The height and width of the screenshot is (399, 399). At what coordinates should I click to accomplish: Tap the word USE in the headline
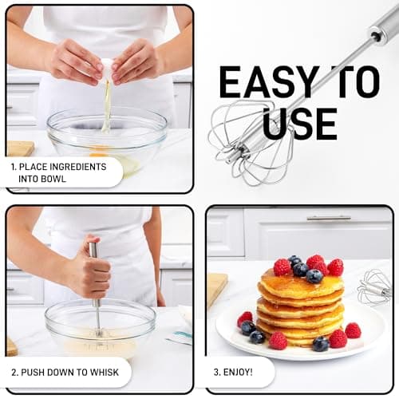[300, 124]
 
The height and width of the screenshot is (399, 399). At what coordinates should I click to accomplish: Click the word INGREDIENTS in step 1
[78, 167]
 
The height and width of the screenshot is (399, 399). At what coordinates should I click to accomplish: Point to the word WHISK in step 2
[105, 372]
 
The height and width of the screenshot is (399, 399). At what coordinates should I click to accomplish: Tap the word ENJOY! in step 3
[238, 372]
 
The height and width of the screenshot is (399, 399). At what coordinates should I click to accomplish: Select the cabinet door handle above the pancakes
[329, 219]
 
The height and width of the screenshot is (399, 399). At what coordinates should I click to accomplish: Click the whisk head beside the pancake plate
[374, 287]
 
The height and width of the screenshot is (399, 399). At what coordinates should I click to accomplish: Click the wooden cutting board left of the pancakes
[218, 290]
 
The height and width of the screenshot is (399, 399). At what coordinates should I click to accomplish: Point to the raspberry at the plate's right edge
[353, 330]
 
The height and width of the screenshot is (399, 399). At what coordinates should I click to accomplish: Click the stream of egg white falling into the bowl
[107, 106]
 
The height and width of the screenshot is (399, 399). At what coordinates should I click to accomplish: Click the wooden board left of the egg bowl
[21, 148]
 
